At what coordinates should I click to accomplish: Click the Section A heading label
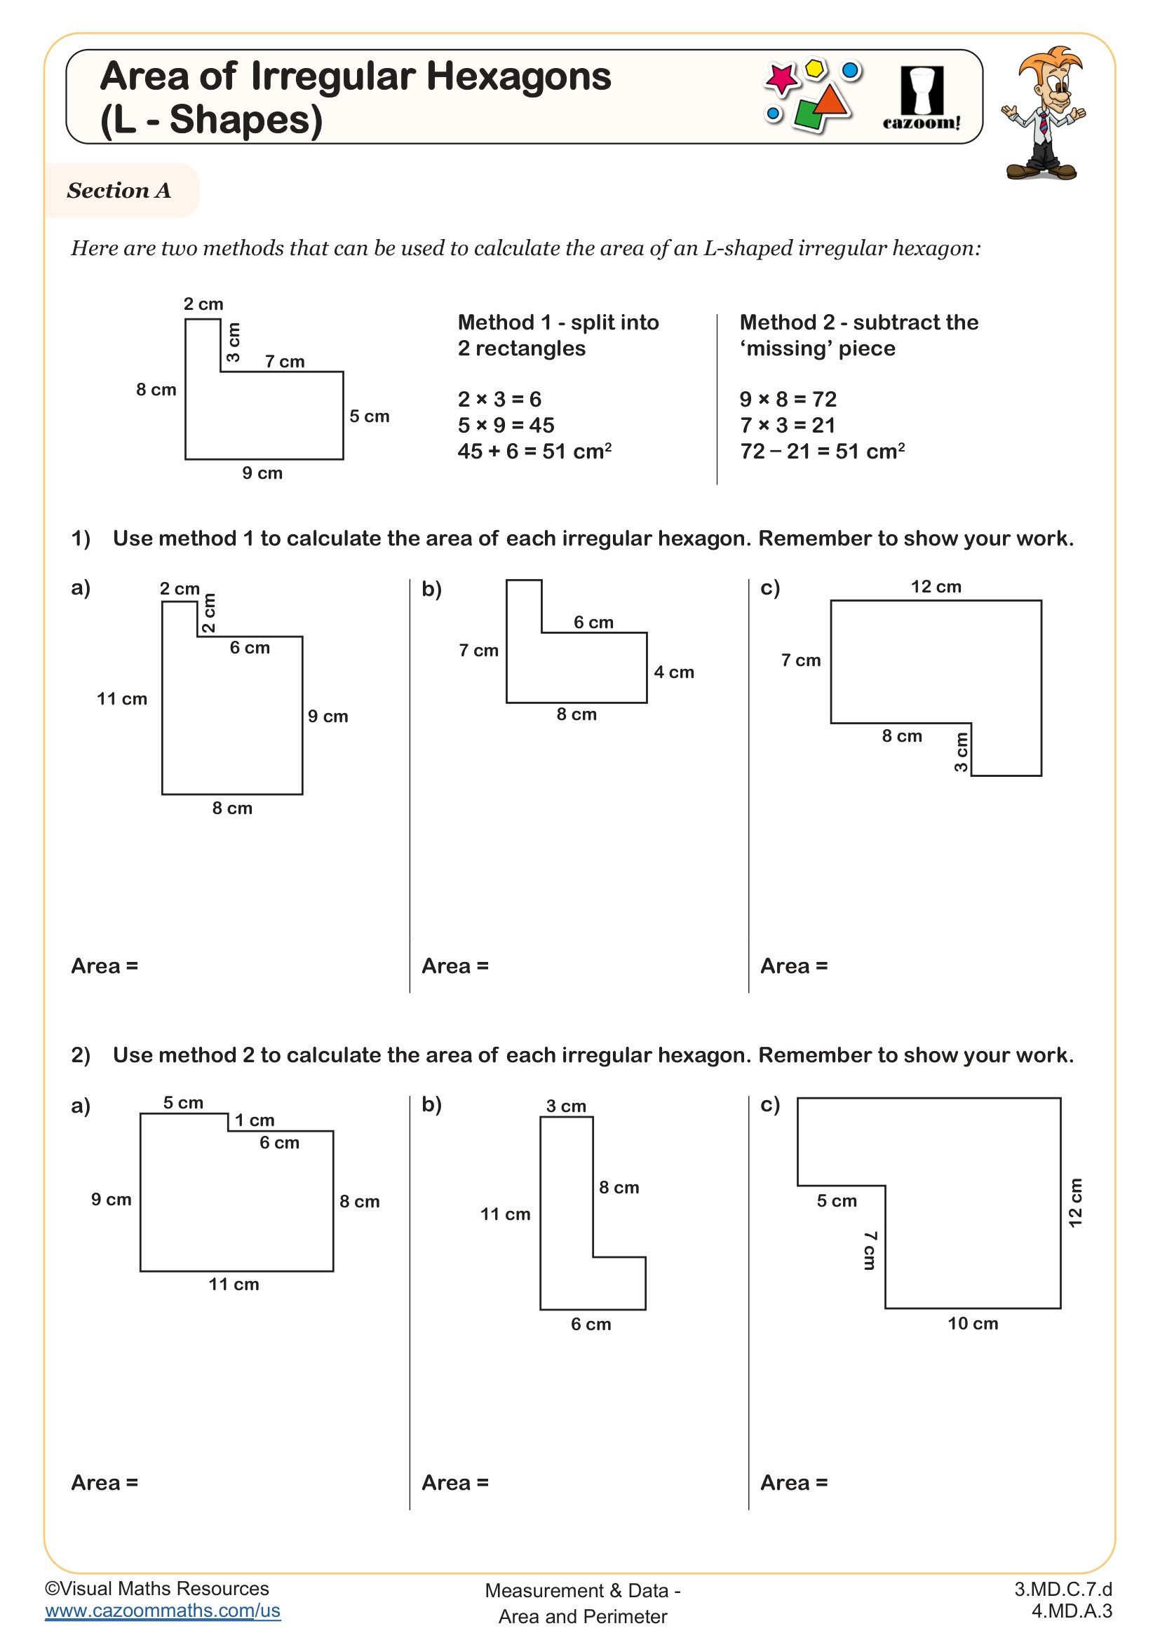[x=119, y=191]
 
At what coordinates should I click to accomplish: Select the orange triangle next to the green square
[x=832, y=101]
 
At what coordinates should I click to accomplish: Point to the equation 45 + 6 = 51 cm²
[x=534, y=452]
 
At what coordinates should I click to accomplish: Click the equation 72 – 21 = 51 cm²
[x=822, y=452]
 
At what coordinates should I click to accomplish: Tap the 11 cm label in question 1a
[x=121, y=698]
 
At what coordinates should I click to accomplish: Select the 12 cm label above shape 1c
[x=936, y=586]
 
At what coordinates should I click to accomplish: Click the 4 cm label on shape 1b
[x=673, y=672]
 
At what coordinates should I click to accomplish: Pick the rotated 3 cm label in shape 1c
[x=962, y=752]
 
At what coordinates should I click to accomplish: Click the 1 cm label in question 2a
[x=255, y=1120]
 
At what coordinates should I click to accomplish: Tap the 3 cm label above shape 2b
[x=566, y=1106]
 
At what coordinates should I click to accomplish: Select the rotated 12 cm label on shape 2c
[x=1075, y=1203]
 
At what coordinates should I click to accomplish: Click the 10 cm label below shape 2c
[x=972, y=1324]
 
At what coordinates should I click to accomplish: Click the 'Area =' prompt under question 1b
[x=455, y=965]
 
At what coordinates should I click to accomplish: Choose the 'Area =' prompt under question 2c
[x=794, y=1483]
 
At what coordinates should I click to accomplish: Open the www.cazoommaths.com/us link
[x=162, y=1611]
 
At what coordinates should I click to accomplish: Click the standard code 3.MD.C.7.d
[x=1063, y=1590]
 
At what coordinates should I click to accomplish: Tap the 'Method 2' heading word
[x=786, y=322]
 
